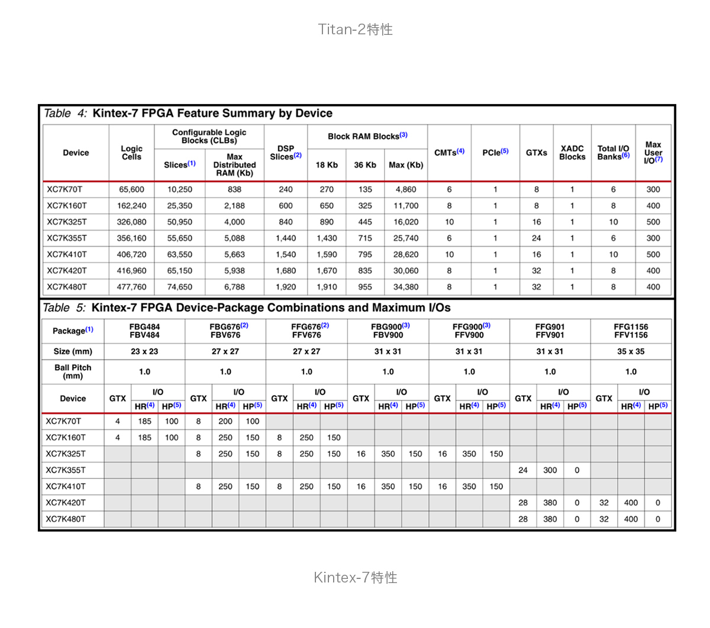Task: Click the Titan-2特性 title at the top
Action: (355, 30)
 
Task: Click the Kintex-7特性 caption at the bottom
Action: (355, 577)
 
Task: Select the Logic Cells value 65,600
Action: (131, 190)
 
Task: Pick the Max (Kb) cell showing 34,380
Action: (406, 287)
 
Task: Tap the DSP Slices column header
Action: (286, 153)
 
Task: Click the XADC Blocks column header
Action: (572, 153)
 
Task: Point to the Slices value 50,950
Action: (179, 222)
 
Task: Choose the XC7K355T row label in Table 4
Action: (67, 238)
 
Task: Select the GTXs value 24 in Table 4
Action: (536, 238)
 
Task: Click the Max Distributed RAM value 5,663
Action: (234, 254)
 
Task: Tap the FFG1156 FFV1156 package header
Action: (631, 331)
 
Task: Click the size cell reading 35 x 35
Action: (631, 351)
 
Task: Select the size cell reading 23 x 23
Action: (144, 351)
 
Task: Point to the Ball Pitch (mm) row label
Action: (73, 371)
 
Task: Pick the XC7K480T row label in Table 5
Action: (66, 519)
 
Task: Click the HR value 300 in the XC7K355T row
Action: (550, 470)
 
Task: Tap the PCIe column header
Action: (495, 153)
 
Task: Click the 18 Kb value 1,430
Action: (327, 238)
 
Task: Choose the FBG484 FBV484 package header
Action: (144, 331)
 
